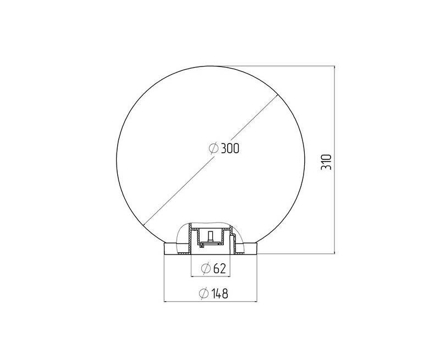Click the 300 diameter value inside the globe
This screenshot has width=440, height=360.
click(230, 148)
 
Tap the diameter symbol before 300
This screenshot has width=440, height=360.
click(214, 148)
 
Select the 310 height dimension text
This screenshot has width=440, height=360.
click(326, 162)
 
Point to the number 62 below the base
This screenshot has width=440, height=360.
click(219, 269)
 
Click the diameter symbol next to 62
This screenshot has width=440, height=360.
click(206, 269)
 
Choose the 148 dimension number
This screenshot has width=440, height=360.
click(219, 293)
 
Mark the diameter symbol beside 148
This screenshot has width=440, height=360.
click(204, 293)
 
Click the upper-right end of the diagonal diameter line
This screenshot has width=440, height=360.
click(278, 95)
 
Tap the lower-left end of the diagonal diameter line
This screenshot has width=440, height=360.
click(144, 225)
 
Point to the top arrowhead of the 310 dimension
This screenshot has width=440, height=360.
click(334, 68)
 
